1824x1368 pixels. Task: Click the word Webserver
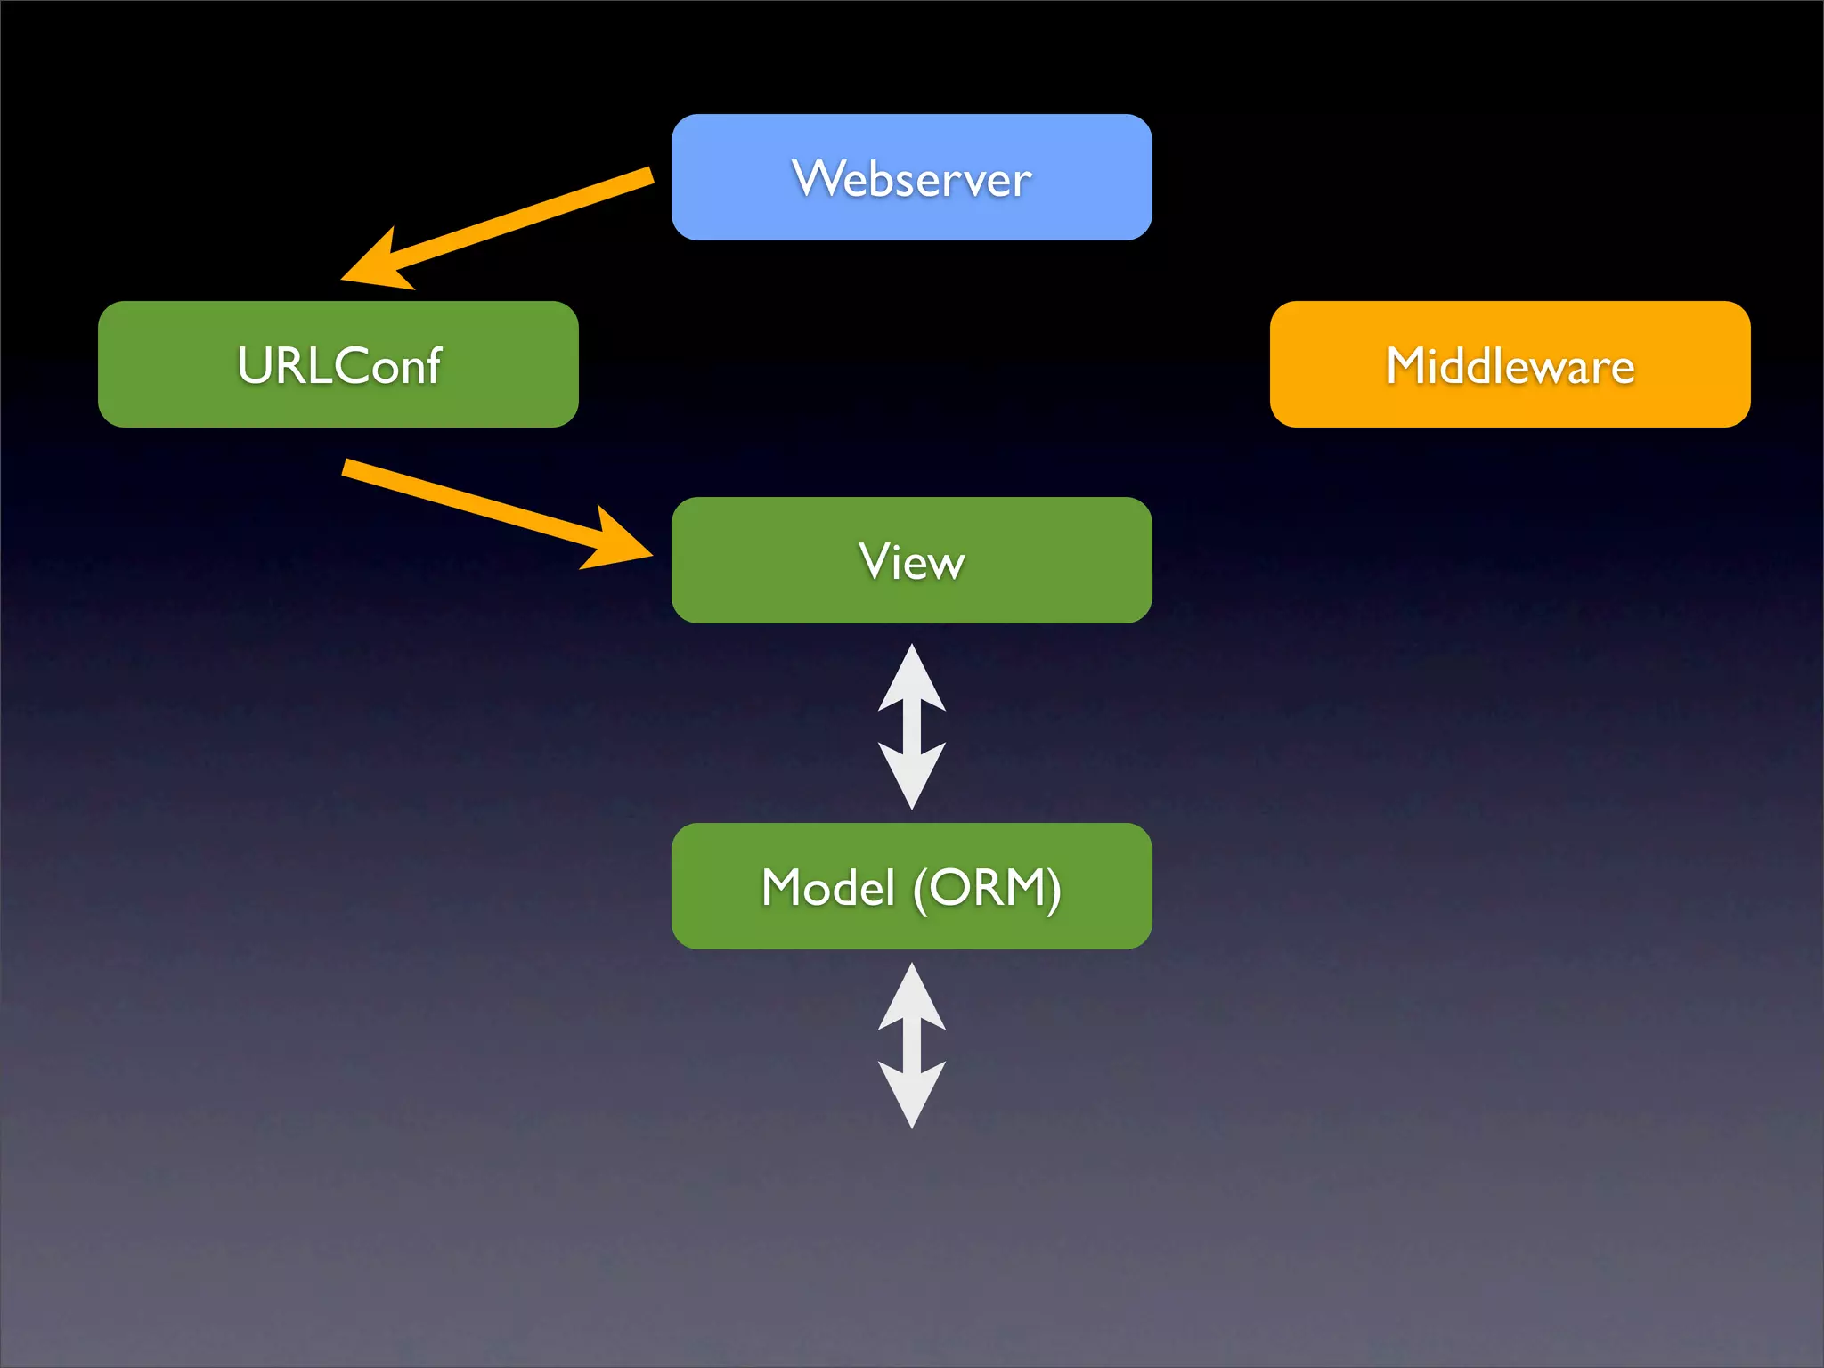coord(911,178)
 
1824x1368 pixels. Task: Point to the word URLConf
coord(338,365)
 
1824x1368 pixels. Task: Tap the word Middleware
coord(1510,365)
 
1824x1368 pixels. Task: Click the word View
coord(911,561)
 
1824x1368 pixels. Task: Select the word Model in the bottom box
coord(828,888)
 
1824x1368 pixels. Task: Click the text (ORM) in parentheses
coord(987,888)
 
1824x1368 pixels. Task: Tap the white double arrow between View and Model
coord(911,727)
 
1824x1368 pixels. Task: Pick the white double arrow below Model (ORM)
coord(911,1046)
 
